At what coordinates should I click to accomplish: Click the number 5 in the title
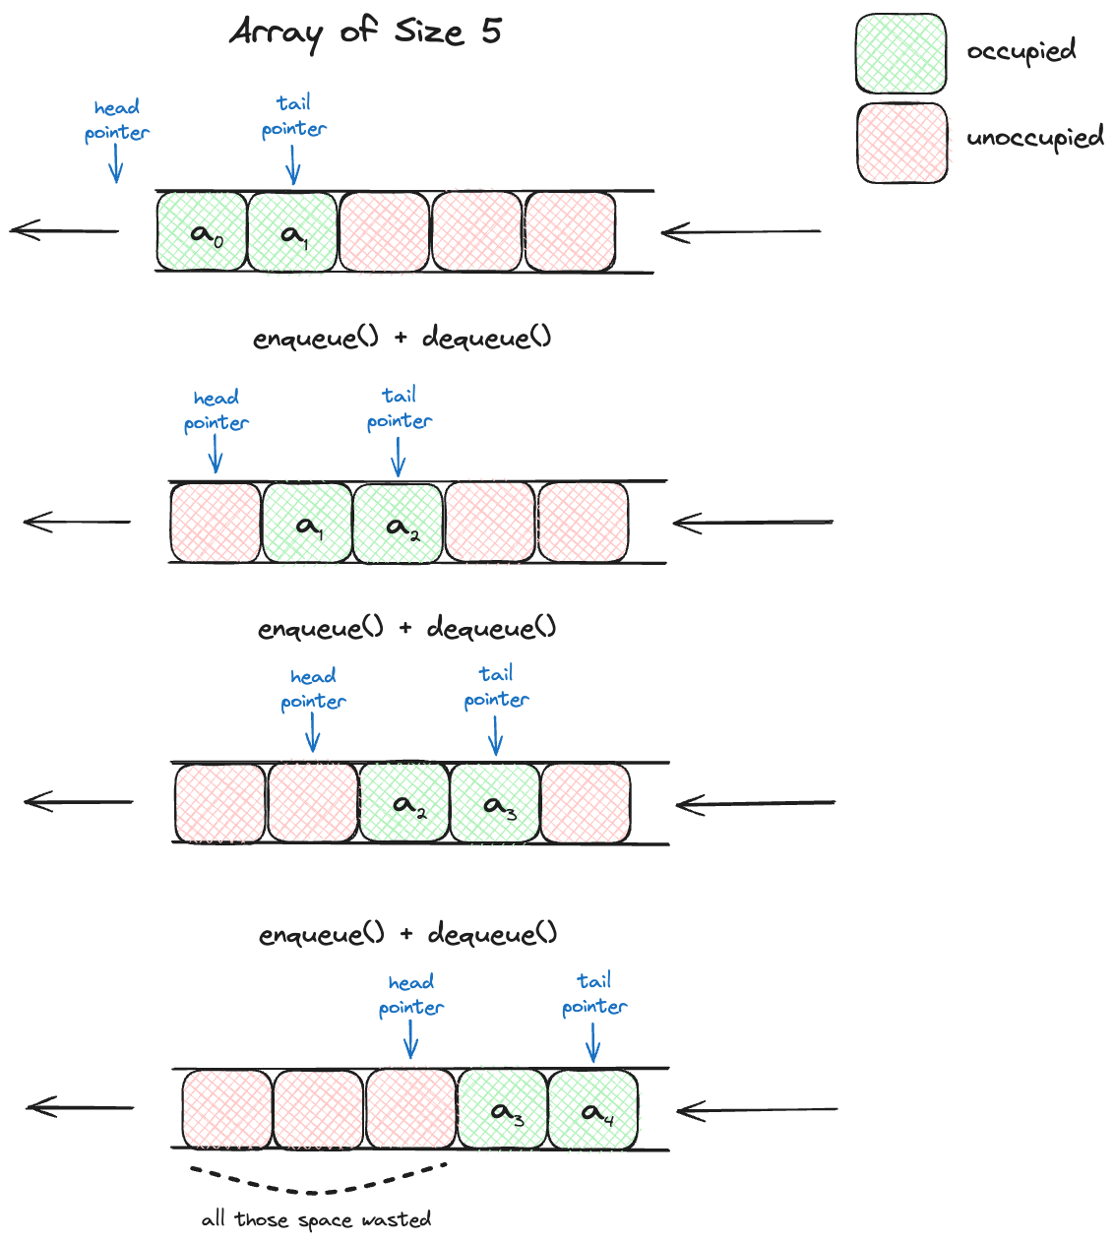[x=491, y=31]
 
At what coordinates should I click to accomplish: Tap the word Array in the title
[x=277, y=33]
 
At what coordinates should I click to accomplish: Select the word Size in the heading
[x=428, y=31]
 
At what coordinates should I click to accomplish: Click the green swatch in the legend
[x=900, y=53]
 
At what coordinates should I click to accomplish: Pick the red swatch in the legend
[x=901, y=143]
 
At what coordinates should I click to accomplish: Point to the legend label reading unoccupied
[x=1034, y=138]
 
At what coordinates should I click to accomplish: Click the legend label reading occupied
[x=1021, y=50]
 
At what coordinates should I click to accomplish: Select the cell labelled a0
[x=202, y=232]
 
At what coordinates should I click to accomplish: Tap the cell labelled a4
[x=592, y=1110]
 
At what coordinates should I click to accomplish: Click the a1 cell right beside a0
[x=292, y=232]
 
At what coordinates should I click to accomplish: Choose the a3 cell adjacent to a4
[x=502, y=1110]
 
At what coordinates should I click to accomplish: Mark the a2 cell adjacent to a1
[x=398, y=525]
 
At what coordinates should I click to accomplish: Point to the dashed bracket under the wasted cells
[x=318, y=1181]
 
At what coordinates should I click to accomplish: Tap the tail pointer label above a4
[x=593, y=994]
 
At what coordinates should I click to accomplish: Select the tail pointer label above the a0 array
[x=293, y=116]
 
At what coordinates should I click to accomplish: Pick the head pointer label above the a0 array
[x=116, y=120]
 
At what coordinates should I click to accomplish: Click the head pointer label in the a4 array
[x=410, y=995]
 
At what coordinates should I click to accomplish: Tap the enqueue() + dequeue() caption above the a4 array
[x=407, y=934]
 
